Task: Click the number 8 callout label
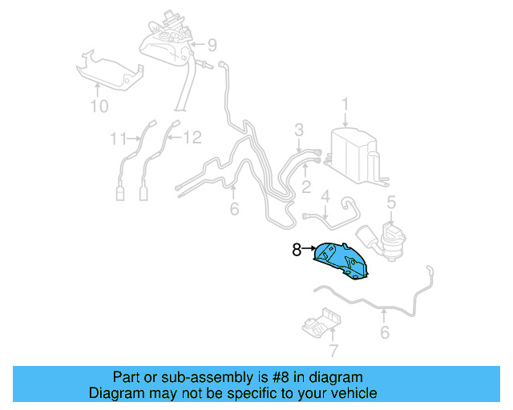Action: pos(296,251)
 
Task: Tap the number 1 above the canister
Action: pos(345,104)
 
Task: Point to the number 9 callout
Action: pos(212,44)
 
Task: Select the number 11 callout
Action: pos(119,139)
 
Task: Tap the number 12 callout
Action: pos(192,139)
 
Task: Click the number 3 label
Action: pos(298,130)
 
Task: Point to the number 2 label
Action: pos(305,187)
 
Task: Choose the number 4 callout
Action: pos(326,195)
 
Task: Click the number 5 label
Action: pos(391,203)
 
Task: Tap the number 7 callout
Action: pos(334,349)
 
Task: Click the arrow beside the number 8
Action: pos(309,250)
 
